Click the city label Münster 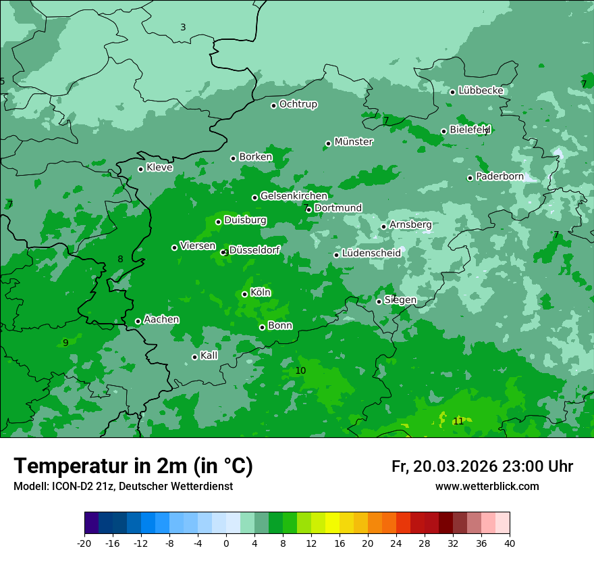[x=353, y=142]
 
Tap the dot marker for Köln [x=244, y=294]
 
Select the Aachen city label [x=161, y=320]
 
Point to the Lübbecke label [x=481, y=91]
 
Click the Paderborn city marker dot [x=470, y=178]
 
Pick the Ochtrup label [x=298, y=104]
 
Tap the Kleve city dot [x=140, y=169]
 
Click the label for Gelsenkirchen [x=294, y=196]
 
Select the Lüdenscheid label [x=371, y=253]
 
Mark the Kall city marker [x=194, y=357]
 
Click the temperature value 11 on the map [x=458, y=421]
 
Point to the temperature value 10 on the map [x=300, y=371]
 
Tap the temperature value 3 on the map [x=183, y=28]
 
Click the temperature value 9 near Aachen [x=65, y=343]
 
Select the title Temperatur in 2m [x=134, y=466]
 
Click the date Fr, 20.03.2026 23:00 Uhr [x=482, y=466]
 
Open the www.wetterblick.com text [x=487, y=486]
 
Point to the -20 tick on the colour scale [x=84, y=543]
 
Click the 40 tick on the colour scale [x=510, y=543]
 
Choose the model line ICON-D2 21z [x=123, y=486]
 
